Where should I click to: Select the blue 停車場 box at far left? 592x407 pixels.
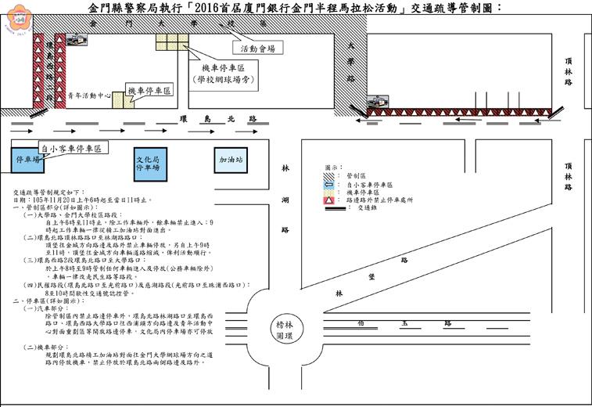pos(27,160)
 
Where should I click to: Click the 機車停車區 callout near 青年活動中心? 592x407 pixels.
pos(149,92)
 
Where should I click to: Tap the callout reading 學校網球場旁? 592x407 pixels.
pos(226,80)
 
